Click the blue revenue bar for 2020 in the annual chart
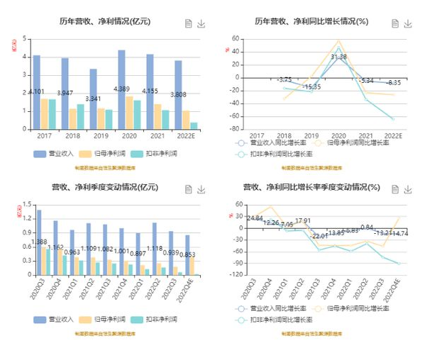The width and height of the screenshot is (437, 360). coord(121,89)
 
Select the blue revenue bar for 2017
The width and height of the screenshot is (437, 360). coord(36,92)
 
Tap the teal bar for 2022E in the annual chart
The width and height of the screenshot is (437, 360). coord(194,125)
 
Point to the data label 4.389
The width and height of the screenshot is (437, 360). coord(122,89)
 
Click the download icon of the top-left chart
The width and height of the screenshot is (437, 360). coord(201,23)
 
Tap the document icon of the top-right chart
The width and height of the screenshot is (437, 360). coord(396,23)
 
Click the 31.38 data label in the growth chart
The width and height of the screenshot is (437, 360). coord(339,57)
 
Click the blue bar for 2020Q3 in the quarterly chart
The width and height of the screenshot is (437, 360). coord(38,241)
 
